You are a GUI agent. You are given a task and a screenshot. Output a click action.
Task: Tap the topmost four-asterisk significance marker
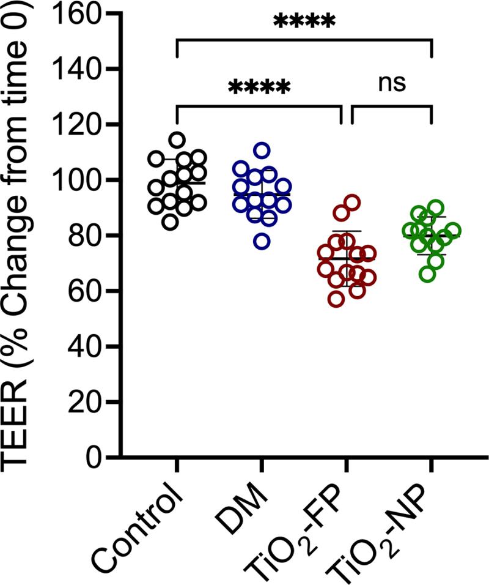coord(304,23)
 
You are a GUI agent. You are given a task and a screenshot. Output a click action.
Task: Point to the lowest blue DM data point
coord(262,241)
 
